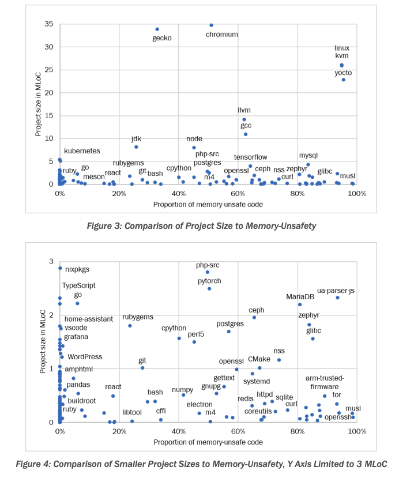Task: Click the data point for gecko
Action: pos(157,29)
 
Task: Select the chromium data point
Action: pos(211,25)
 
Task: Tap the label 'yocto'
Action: pos(343,73)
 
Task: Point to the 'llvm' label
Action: pos(244,110)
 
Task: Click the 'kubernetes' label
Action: pos(82,151)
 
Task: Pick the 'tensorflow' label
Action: pos(251,157)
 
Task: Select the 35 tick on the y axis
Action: pos(50,24)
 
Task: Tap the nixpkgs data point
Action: pos(59,268)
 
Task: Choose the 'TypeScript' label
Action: pos(79,285)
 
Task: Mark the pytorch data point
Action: pos(209,288)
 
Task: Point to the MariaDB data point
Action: pos(300,304)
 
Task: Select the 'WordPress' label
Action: pos(85,357)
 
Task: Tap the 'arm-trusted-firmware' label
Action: pos(325,382)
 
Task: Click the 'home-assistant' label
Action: pos(89,319)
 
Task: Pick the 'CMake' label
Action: pos(259,359)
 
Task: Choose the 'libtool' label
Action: pos(132,412)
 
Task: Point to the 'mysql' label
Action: pos(308,156)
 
